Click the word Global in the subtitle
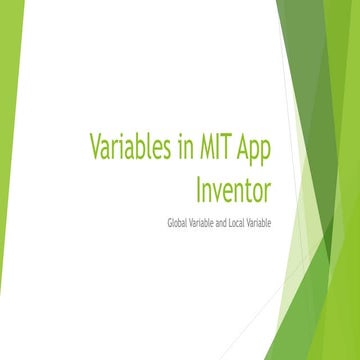coord(179,221)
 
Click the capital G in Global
coord(170,221)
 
